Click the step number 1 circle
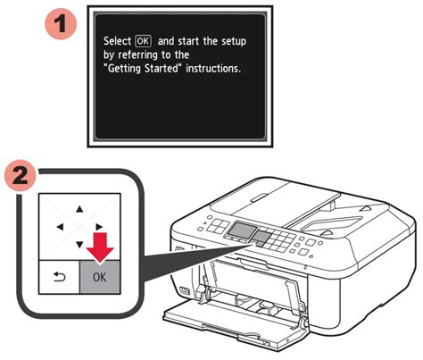click(61, 23)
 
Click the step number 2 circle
click(21, 176)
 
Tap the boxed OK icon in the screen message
click(143, 41)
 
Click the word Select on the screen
click(117, 41)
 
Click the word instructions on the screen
click(213, 69)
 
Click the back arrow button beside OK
click(60, 277)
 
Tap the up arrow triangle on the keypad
click(79, 209)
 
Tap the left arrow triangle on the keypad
click(60, 227)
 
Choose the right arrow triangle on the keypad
click(99, 227)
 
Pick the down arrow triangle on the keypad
click(79, 245)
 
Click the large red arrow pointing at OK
click(100, 247)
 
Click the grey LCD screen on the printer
click(243, 230)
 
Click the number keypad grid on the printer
click(279, 240)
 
